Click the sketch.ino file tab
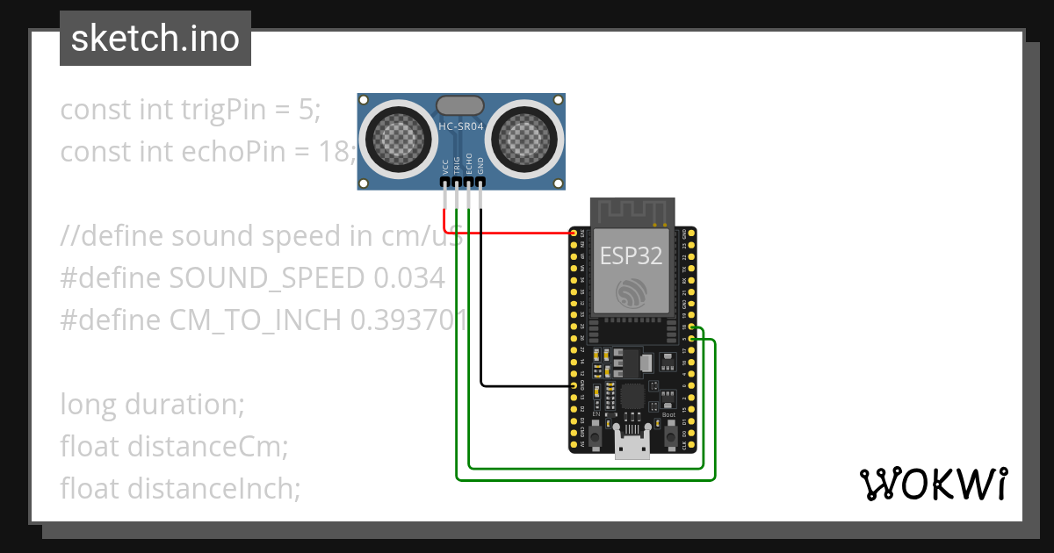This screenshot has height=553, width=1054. [155, 39]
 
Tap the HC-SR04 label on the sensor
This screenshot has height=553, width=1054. [461, 126]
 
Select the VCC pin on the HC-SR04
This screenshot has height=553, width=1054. [446, 182]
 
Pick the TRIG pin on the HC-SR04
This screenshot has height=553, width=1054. [458, 182]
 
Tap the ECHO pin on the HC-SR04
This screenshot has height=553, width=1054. [469, 182]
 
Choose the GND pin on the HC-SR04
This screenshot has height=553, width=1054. [480, 182]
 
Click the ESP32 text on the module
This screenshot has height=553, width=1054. [632, 255]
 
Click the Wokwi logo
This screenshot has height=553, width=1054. [932, 484]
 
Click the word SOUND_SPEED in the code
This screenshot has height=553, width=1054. [266, 278]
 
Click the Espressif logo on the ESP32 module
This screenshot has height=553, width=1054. [632, 292]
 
